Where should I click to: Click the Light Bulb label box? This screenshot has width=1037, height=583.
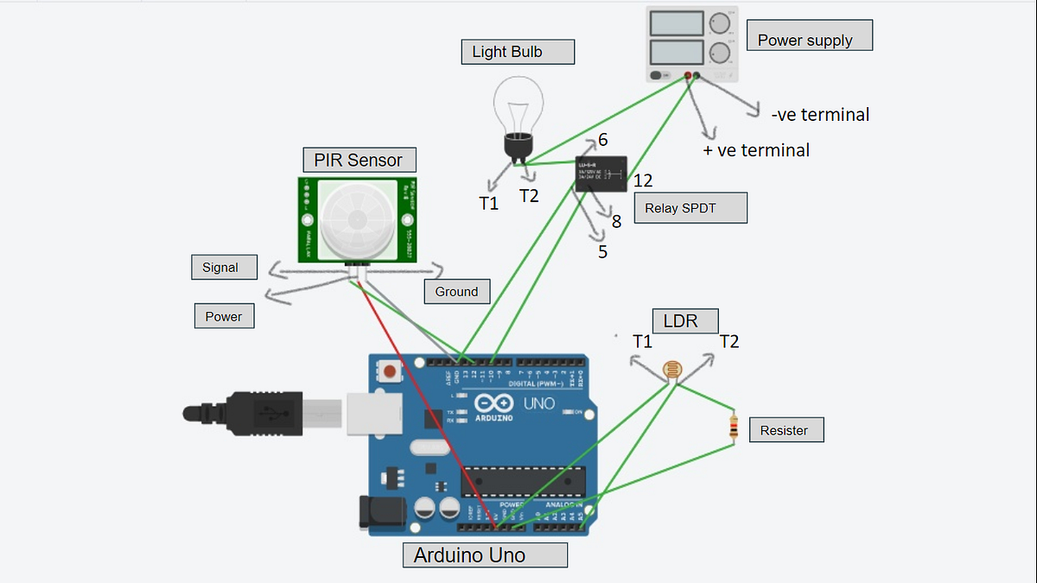click(x=517, y=52)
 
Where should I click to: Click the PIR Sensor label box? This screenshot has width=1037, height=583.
click(x=359, y=160)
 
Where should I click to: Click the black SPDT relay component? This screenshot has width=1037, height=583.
click(x=602, y=174)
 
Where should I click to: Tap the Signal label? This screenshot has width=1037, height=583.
click(x=224, y=267)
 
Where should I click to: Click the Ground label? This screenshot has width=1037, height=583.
click(x=456, y=291)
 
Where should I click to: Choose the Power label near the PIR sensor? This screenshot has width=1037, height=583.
click(x=224, y=316)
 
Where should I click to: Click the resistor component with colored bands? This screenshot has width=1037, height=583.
click(x=734, y=427)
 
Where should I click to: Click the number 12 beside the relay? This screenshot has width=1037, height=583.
click(x=642, y=181)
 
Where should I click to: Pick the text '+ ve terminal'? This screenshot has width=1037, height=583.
click(x=757, y=150)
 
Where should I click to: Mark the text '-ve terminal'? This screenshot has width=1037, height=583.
click(x=819, y=114)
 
